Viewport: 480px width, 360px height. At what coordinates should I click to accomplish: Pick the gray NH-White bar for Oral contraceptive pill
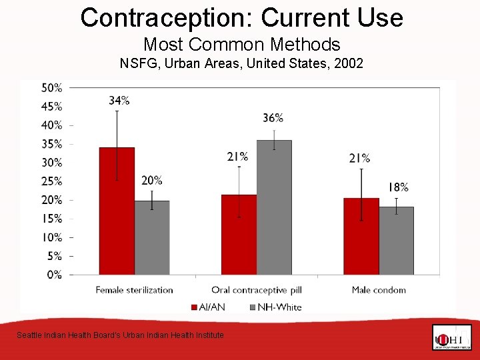(274, 207)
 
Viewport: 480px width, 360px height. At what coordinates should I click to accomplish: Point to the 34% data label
(119, 101)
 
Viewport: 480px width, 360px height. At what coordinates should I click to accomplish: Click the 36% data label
(273, 118)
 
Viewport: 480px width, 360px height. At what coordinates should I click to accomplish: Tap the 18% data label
(398, 187)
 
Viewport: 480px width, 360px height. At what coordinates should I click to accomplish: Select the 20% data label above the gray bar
(152, 181)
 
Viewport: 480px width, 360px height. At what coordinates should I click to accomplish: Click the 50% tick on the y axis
(52, 88)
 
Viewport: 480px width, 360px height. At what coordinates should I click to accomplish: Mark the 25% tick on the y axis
(52, 181)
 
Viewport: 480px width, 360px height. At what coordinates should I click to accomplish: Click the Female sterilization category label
(134, 290)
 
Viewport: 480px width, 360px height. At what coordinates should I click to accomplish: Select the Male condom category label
(379, 290)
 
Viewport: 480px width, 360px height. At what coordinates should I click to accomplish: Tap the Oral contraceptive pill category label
(257, 290)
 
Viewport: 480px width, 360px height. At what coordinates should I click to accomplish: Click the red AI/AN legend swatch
(195, 307)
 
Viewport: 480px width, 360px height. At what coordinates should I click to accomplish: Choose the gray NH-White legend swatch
(252, 307)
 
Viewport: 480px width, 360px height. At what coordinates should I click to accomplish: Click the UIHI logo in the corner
(451, 337)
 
